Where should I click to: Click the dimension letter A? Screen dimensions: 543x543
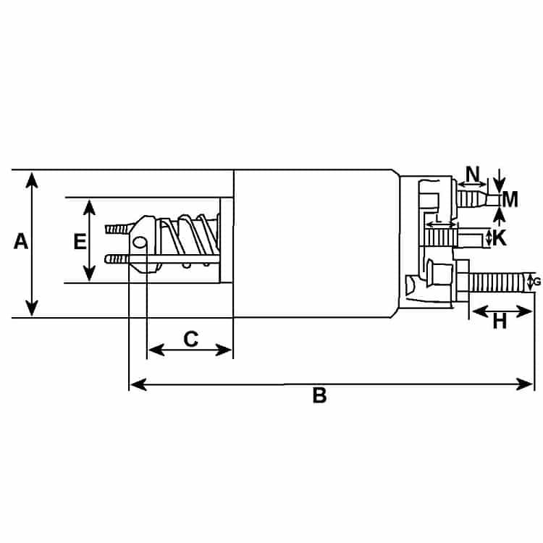[21, 241]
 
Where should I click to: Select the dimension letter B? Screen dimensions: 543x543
[319, 395]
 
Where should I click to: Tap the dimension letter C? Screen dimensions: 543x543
[191, 339]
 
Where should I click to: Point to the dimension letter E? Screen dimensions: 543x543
[80, 241]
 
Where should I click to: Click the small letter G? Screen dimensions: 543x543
[537, 282]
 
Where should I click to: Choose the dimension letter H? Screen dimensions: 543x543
[500, 321]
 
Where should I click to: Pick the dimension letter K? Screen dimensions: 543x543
[500, 238]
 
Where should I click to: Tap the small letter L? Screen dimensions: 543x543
[439, 219]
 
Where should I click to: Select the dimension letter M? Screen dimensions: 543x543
[510, 200]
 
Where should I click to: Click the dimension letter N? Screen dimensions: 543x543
[473, 174]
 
